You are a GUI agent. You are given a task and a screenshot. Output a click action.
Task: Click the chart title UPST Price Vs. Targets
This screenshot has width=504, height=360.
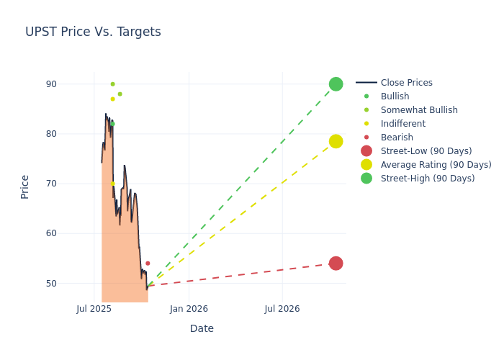click(93, 32)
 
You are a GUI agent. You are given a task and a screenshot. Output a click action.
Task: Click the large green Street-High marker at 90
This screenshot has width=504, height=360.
click(336, 84)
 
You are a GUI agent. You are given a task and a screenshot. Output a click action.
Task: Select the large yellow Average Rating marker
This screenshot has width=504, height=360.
click(336, 141)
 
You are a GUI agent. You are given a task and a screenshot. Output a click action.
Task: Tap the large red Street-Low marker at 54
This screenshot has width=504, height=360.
click(336, 264)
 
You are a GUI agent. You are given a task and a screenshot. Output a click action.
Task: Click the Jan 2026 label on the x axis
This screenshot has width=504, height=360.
click(189, 309)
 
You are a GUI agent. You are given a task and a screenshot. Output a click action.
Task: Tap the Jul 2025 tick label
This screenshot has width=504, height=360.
click(94, 309)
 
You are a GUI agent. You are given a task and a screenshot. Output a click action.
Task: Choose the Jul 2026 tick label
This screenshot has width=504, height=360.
click(282, 309)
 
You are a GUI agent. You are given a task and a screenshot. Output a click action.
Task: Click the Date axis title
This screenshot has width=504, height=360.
click(202, 329)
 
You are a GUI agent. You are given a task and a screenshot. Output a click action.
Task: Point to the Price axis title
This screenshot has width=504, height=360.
click(25, 186)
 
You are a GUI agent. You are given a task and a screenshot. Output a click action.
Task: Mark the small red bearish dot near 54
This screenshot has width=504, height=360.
click(148, 264)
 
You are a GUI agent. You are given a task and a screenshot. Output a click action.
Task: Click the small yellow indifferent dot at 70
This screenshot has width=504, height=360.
click(112, 184)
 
